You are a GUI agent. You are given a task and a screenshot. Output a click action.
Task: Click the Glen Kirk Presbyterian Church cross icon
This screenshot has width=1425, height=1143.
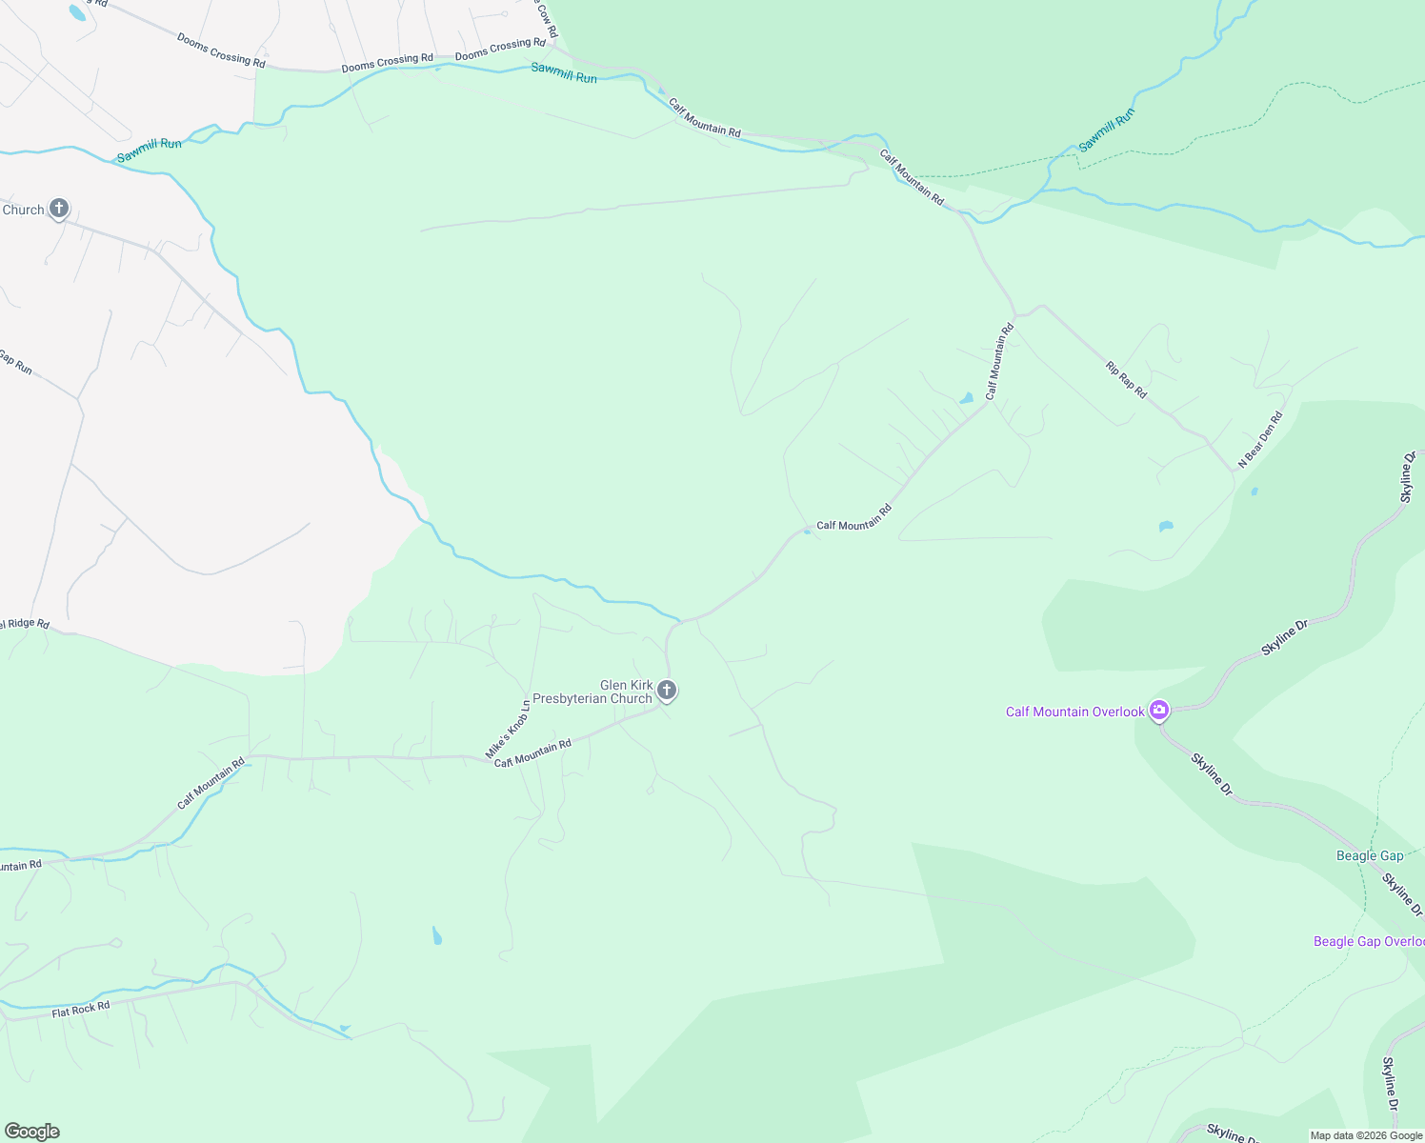click(x=667, y=691)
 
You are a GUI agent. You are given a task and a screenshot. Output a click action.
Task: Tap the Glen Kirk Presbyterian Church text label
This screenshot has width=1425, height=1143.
click(x=592, y=692)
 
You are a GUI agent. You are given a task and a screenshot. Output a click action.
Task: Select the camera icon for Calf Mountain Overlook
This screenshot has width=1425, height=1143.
click(x=1158, y=710)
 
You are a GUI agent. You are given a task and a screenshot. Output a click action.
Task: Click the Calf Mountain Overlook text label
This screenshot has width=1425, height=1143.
click(x=1074, y=712)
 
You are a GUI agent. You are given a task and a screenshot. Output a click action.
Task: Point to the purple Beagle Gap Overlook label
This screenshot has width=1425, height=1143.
click(x=1368, y=941)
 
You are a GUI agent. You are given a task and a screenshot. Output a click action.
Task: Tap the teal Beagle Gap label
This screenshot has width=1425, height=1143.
click(x=1369, y=855)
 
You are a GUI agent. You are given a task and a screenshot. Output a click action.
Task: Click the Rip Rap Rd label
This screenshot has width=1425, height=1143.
click(x=1126, y=379)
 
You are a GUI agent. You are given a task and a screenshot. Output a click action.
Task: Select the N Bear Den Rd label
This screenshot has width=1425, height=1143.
click(x=1260, y=439)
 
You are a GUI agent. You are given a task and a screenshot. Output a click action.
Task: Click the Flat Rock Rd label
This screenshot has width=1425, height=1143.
click(x=81, y=1009)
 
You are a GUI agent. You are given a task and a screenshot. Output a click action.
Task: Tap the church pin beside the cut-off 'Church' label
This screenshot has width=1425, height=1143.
click(x=59, y=209)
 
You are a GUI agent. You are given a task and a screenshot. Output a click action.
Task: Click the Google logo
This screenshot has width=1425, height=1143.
click(x=32, y=1132)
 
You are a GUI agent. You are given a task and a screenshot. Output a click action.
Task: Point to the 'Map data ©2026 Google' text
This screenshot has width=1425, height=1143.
click(x=1366, y=1135)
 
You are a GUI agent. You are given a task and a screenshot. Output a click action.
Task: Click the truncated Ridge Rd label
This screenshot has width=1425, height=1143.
click(x=24, y=625)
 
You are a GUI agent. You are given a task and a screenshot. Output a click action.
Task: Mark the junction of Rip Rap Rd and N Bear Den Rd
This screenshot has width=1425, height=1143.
click(x=1234, y=471)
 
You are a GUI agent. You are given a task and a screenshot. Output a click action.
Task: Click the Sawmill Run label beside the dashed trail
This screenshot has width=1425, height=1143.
click(x=1107, y=130)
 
